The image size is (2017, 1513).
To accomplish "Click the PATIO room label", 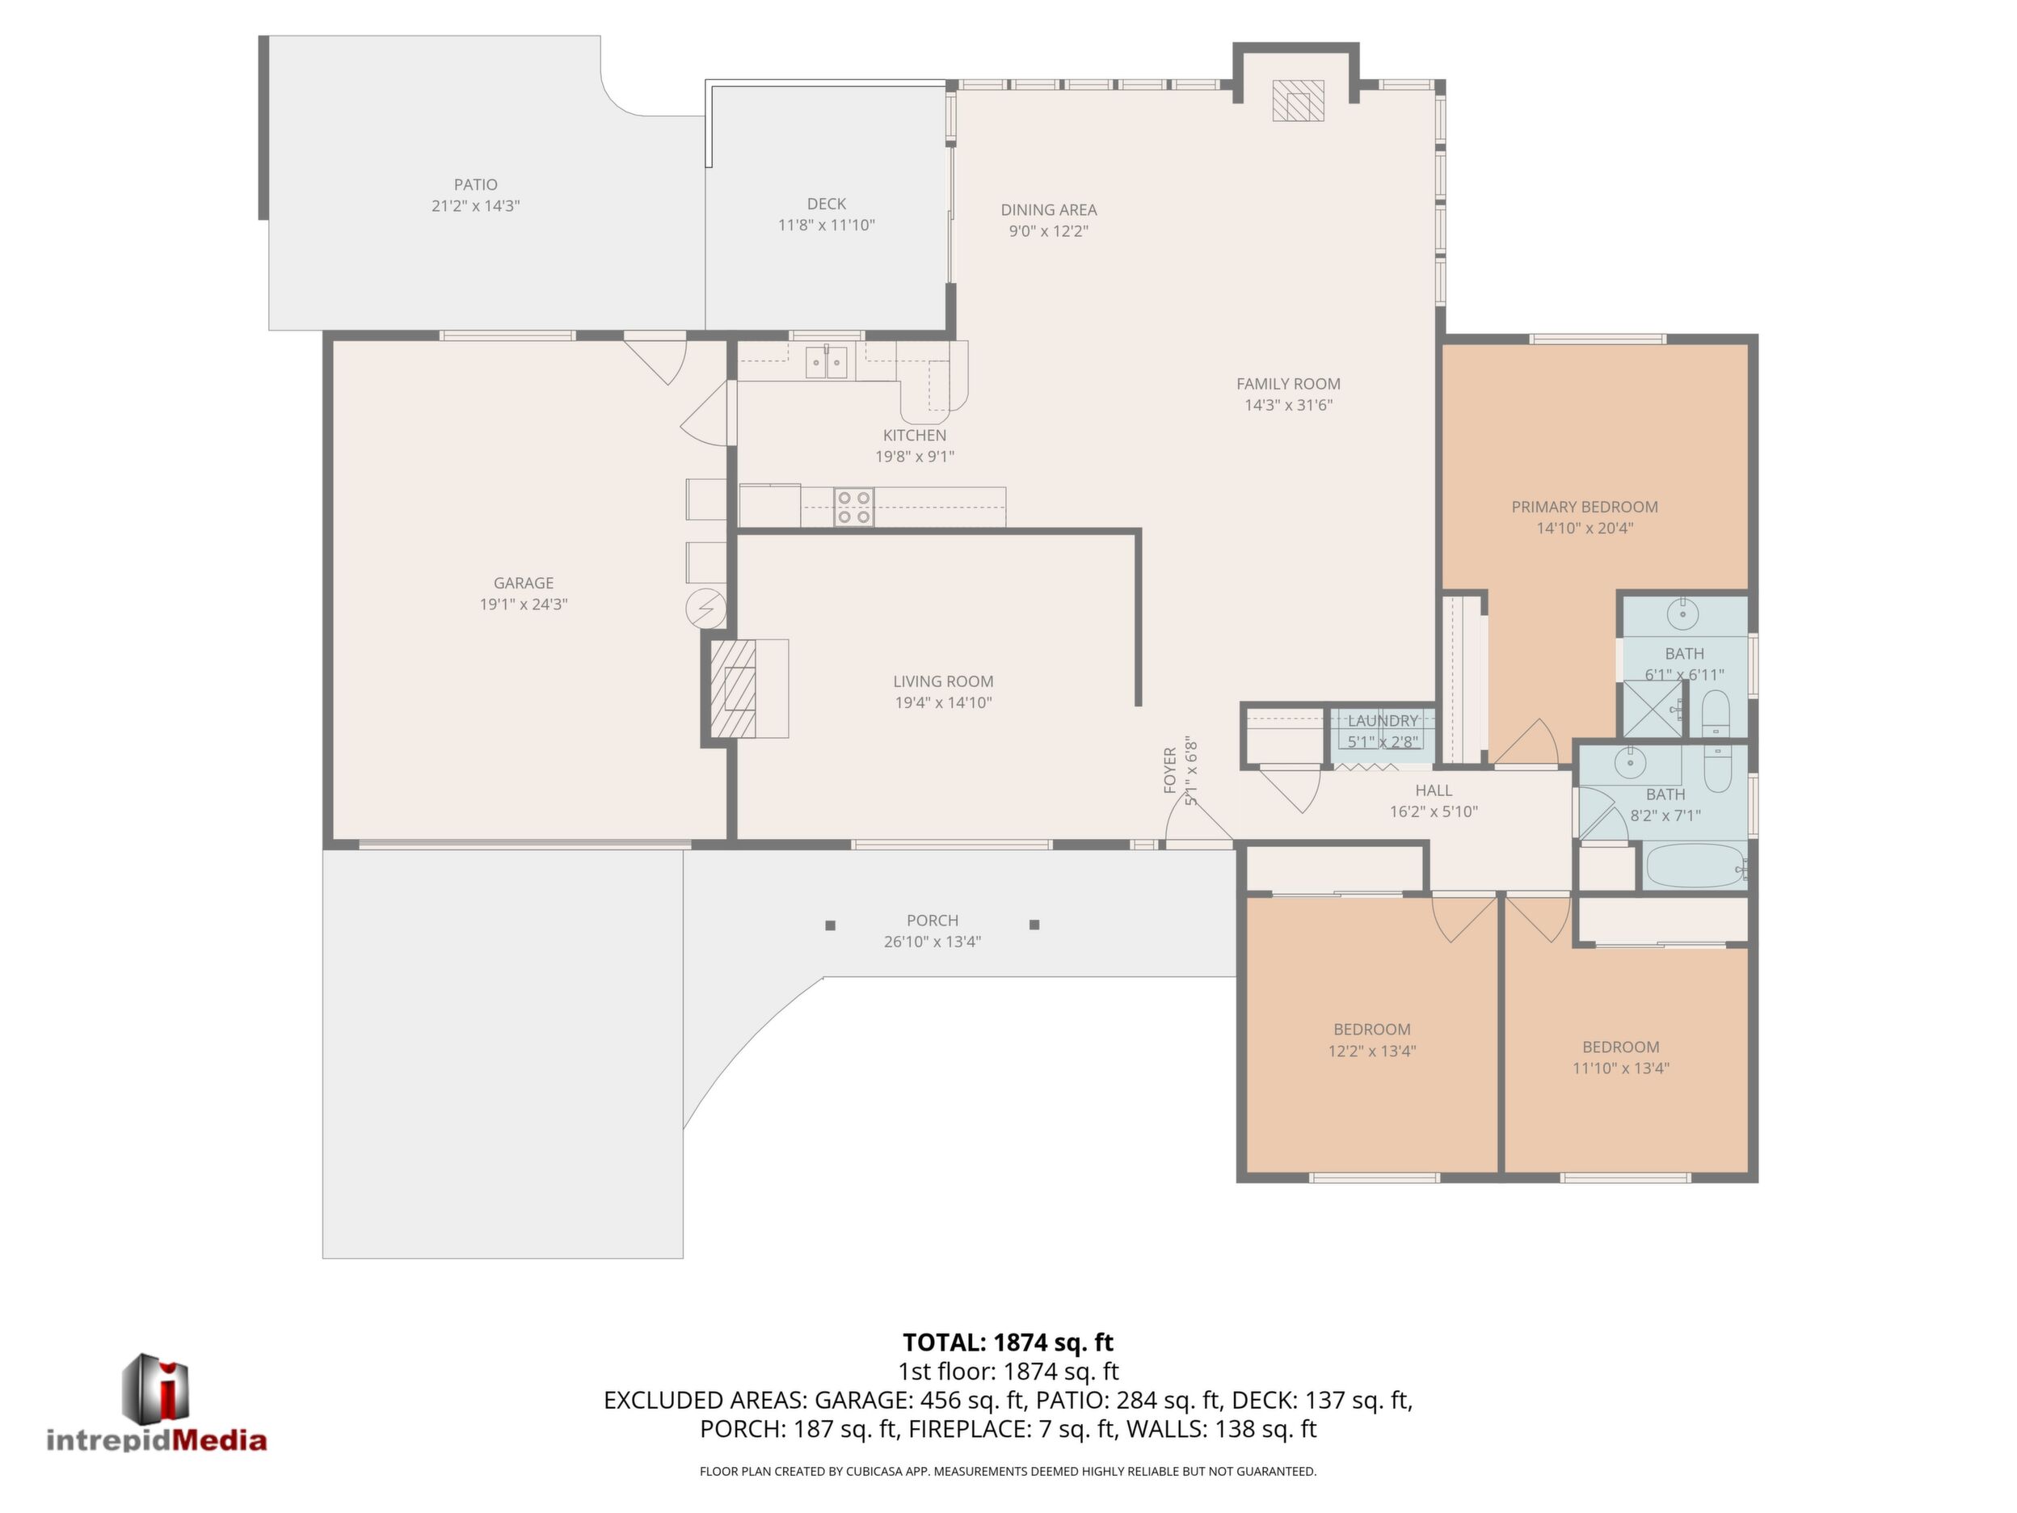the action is (475, 185).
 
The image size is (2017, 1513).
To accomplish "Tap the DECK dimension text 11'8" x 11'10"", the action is (826, 225).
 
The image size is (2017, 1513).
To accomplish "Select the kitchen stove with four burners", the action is (854, 507).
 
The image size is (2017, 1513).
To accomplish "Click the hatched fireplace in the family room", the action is (1298, 100).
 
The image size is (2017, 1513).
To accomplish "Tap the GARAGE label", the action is (524, 584).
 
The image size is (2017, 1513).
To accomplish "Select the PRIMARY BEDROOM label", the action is (1585, 507).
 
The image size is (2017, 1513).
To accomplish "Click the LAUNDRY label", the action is (1383, 720).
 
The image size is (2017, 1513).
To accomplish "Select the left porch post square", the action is (830, 925).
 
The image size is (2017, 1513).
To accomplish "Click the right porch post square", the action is (1034, 925).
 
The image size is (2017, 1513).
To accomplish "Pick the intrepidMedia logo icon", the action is (156, 1385).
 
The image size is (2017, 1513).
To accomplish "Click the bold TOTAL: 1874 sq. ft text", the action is (1008, 1342).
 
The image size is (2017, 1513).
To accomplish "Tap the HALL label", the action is (1434, 790).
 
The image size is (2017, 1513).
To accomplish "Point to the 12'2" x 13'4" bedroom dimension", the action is (1371, 1051).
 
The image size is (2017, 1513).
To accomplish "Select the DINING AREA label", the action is (1049, 210).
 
